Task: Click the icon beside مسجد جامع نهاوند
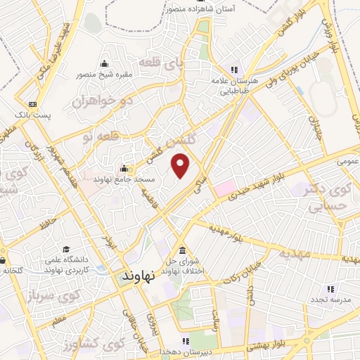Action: (124, 169)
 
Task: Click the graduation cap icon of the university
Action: (65, 250)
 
